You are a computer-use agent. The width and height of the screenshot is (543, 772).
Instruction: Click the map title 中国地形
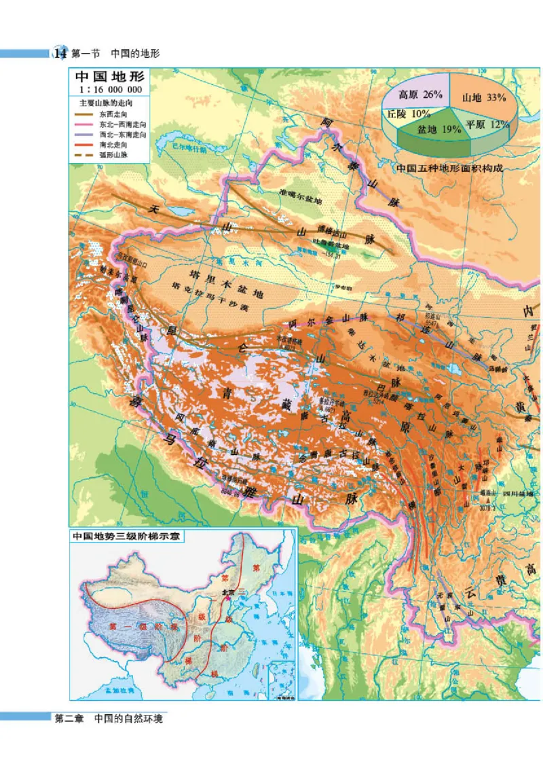[x=109, y=77]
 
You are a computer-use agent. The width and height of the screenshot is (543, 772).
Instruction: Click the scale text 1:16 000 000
[x=109, y=90]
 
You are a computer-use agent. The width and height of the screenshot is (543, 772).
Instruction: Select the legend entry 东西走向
[x=113, y=115]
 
